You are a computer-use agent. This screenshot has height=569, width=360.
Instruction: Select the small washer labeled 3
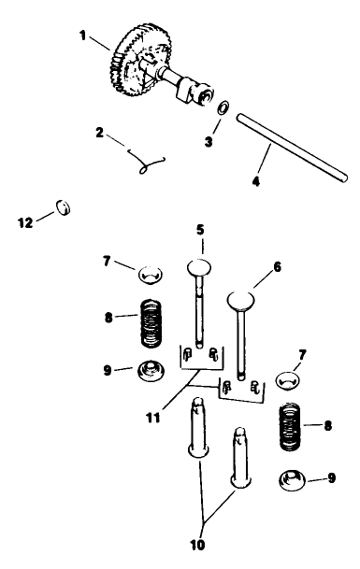click(223, 109)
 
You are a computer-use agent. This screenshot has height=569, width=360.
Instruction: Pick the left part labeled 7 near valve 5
click(150, 274)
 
